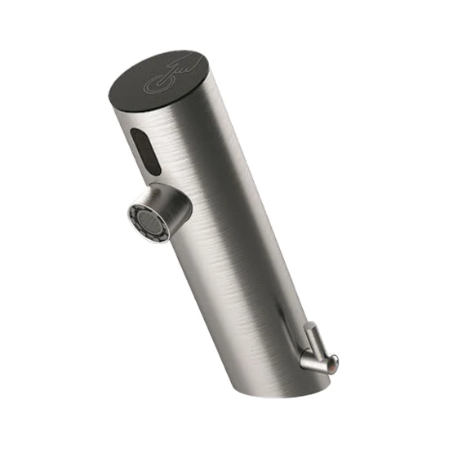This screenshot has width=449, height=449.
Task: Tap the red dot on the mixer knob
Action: point(329,366)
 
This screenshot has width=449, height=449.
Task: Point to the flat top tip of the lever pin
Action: point(310,327)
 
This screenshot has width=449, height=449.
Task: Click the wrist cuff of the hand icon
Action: point(189,59)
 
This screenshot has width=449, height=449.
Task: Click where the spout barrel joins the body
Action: point(184,199)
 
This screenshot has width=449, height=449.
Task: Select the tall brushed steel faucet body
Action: point(237,245)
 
